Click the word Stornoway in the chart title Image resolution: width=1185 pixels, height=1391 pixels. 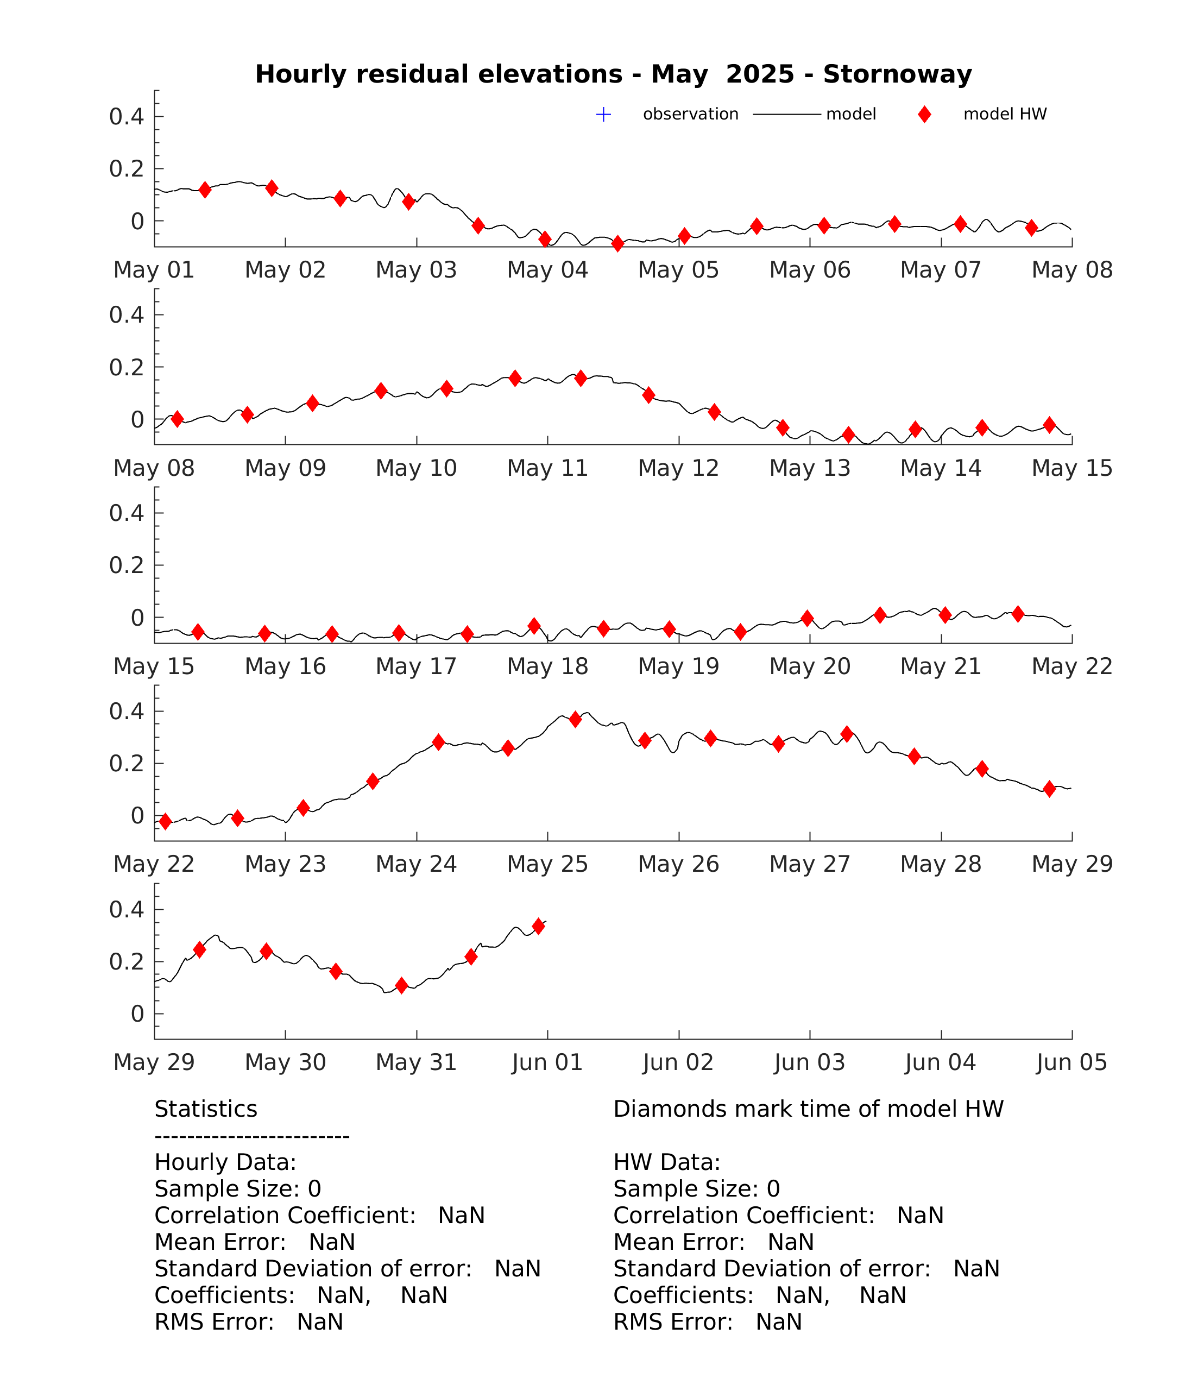(x=897, y=74)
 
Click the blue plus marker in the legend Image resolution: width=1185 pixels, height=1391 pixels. (x=603, y=115)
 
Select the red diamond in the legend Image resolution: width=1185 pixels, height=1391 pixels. (x=924, y=115)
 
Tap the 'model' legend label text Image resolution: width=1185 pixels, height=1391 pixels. (x=850, y=114)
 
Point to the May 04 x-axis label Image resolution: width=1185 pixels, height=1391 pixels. (x=547, y=270)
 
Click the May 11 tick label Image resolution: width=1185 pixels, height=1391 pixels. (x=547, y=468)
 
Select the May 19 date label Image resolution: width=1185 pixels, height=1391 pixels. (x=678, y=666)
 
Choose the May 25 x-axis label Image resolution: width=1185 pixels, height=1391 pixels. (x=547, y=864)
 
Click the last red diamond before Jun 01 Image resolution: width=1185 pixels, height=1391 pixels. (x=538, y=927)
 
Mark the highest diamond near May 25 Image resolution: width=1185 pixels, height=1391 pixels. (x=575, y=720)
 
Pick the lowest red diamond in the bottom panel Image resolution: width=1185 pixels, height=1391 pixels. (x=401, y=985)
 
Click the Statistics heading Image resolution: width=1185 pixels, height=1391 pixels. (x=205, y=1109)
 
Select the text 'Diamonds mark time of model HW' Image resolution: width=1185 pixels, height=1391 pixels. (x=808, y=1109)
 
